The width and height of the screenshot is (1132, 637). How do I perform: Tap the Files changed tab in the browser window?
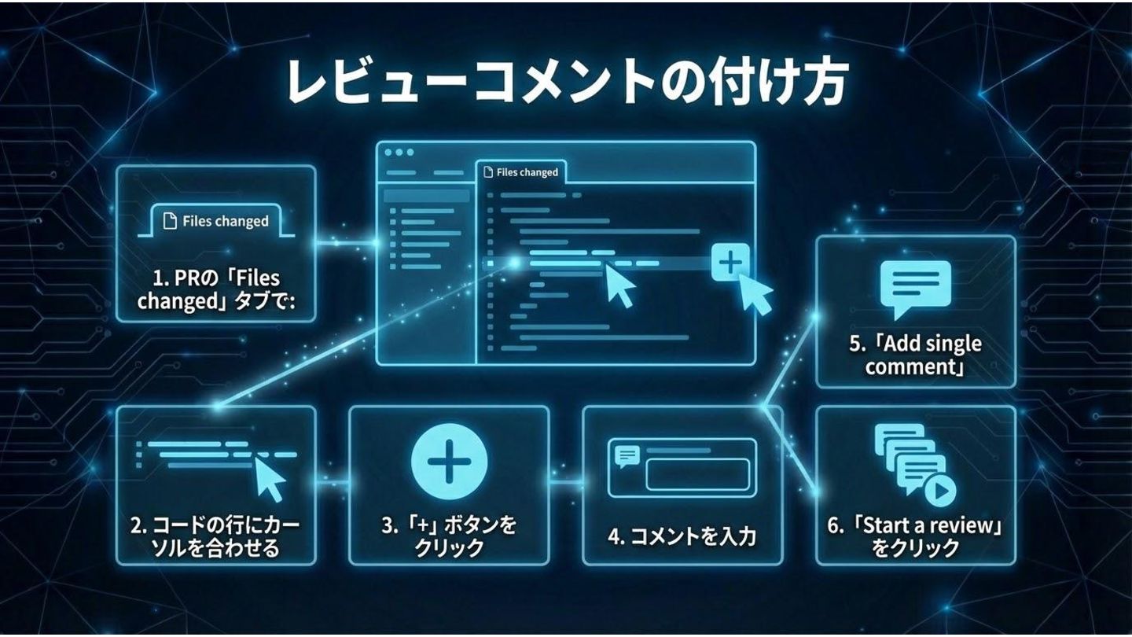point(522,172)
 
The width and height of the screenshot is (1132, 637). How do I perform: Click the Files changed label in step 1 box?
point(225,222)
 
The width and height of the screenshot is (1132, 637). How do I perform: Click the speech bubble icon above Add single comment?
point(916,285)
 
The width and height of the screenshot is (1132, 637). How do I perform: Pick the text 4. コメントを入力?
point(682,537)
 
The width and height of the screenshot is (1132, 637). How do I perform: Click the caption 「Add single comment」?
point(915,355)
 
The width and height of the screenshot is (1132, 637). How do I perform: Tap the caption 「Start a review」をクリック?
point(915,536)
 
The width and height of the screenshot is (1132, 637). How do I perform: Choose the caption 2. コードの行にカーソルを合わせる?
point(215,536)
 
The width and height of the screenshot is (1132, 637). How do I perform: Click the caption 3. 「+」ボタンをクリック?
point(448,536)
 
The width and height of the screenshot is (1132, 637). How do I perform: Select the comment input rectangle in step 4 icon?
point(696,473)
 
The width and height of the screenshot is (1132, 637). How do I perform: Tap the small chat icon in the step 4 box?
point(627,455)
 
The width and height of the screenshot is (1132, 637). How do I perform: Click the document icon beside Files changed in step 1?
point(169,222)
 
